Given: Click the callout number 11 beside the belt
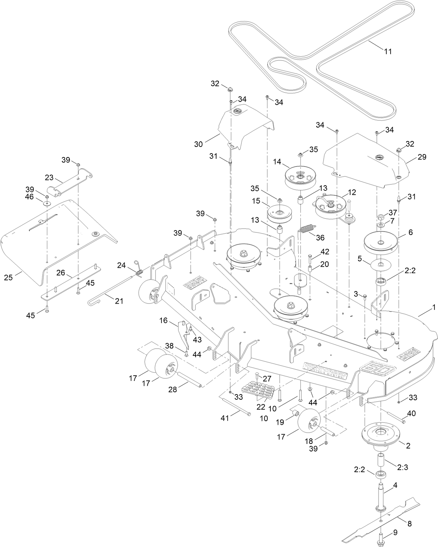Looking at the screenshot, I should coord(388,52).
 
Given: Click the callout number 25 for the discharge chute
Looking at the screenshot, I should coord(8,278).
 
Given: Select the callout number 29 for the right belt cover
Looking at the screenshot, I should coord(422,157).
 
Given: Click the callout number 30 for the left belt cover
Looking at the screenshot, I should coord(198,144).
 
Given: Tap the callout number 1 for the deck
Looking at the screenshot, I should coord(434,307).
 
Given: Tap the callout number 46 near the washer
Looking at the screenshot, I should coord(30,197).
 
